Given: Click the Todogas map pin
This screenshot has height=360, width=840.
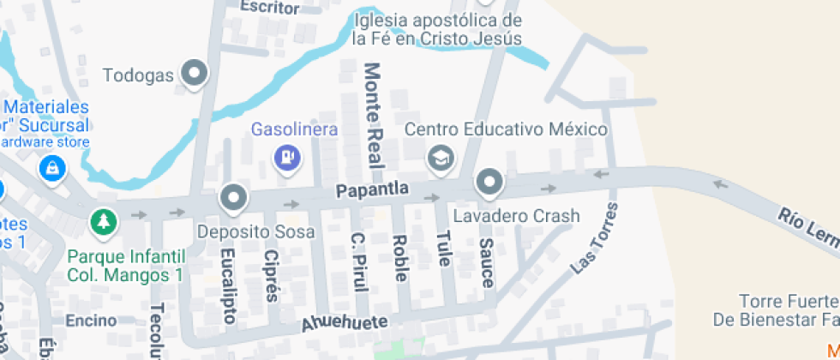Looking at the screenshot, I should point(196,73).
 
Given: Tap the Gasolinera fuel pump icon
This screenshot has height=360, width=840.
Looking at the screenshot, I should point(286,156).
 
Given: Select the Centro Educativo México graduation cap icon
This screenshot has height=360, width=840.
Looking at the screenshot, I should point(441,156).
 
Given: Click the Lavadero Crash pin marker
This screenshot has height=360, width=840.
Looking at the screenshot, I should point(489,181).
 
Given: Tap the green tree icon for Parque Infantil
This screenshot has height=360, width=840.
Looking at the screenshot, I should point(104,222).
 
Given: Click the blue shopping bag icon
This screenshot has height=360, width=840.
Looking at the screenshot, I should point(52,166).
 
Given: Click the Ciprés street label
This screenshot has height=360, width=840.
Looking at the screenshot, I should point(272,276).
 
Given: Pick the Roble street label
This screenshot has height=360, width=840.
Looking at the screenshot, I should point(399,257).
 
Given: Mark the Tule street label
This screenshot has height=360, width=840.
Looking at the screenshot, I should point(442,249).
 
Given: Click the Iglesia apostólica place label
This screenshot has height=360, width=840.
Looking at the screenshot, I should point(437,29).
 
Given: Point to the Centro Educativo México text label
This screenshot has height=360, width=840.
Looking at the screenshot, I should point(506,129).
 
